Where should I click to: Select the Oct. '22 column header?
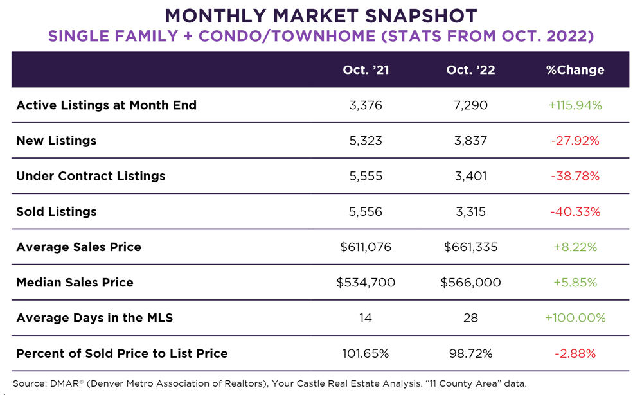(x=470, y=70)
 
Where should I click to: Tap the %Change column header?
(x=575, y=70)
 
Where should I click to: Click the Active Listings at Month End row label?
(x=106, y=105)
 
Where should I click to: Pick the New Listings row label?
(x=56, y=141)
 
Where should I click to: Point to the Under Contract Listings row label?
(x=91, y=176)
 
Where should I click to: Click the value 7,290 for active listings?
(x=470, y=105)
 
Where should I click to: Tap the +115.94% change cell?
(x=575, y=105)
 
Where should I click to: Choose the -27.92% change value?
(x=575, y=141)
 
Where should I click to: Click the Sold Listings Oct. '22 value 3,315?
(x=470, y=211)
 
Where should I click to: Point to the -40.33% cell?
(x=575, y=211)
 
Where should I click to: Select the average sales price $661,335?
(x=470, y=247)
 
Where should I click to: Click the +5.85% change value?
(x=575, y=282)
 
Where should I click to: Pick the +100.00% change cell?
(x=575, y=317)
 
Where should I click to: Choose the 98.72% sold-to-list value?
(x=470, y=353)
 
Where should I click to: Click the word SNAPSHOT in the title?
(x=411, y=15)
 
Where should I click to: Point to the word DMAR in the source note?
(x=62, y=383)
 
